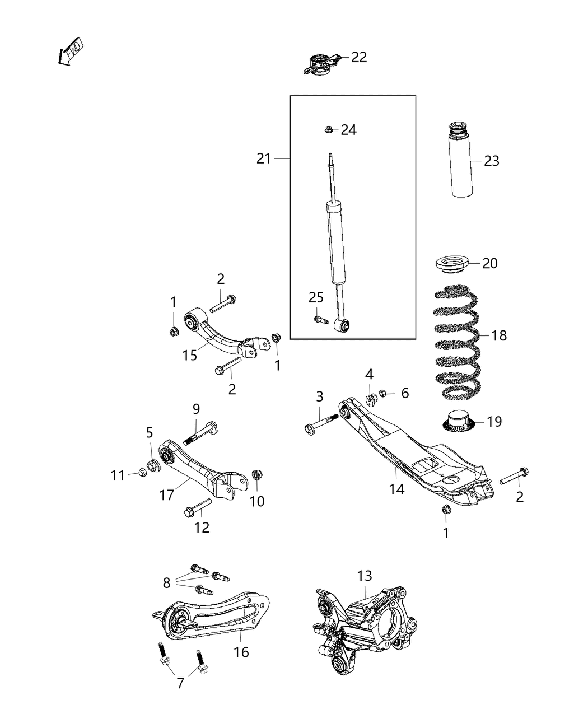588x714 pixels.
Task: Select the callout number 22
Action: (x=359, y=57)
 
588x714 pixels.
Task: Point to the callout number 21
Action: (x=264, y=159)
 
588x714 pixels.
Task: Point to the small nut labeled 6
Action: (x=384, y=394)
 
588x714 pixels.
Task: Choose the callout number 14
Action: (x=396, y=489)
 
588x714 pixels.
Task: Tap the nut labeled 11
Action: (x=142, y=474)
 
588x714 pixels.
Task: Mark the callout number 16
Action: (x=241, y=652)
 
